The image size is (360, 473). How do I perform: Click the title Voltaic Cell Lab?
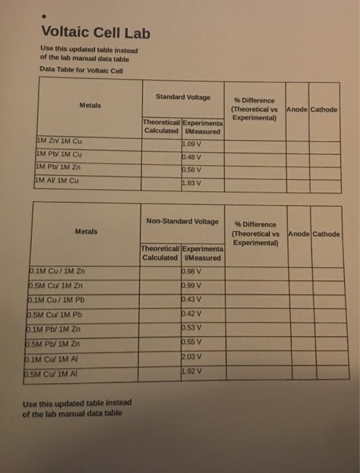(95, 32)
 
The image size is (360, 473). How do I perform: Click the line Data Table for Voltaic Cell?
(75, 69)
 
